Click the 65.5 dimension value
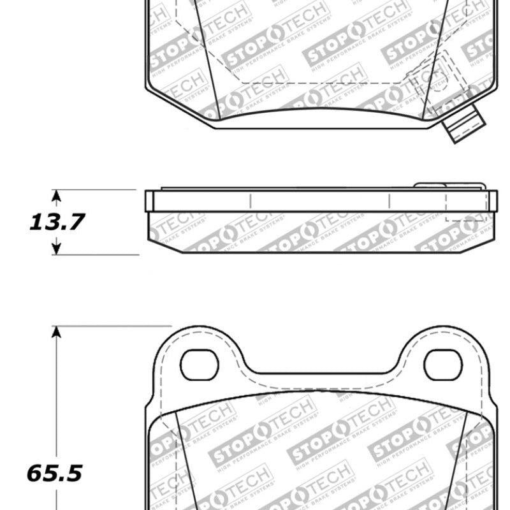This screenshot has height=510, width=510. (55, 473)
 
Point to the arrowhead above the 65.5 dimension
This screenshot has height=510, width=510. (57, 331)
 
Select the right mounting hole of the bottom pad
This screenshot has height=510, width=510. (442, 365)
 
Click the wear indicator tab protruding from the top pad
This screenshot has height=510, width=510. (463, 126)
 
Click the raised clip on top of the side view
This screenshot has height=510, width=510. (449, 186)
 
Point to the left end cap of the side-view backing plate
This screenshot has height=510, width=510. (149, 200)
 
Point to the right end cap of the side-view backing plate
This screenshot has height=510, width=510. (492, 200)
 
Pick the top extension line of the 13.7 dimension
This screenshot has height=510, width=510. (96, 189)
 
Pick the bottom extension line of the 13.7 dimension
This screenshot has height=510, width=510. (96, 254)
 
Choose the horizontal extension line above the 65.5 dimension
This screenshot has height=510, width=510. (108, 326)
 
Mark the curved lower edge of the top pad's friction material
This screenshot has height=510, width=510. (319, 110)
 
